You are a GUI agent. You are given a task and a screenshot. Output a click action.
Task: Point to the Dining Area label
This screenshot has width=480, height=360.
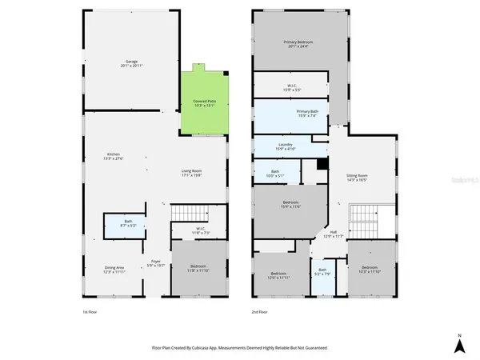pos(114,270)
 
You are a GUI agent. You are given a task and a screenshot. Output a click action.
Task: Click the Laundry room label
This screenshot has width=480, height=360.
pos(286,146)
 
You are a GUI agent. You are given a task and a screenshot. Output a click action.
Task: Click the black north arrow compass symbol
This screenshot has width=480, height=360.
pos(459,345)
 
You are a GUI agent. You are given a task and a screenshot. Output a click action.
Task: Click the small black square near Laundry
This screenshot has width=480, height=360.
pos(322,164)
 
